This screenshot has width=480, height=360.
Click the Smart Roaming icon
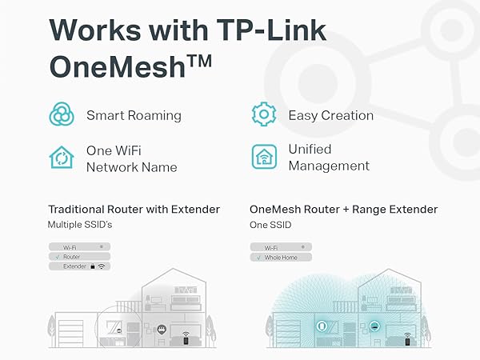coord(62,115)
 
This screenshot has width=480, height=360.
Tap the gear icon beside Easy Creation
coord(264,115)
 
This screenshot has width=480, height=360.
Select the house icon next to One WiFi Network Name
coord(62,158)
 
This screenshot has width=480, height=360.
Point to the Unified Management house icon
coord(264,157)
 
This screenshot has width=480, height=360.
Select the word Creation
coord(343,115)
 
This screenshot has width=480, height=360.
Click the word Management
coord(329,166)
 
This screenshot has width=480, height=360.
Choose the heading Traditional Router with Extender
coord(134,209)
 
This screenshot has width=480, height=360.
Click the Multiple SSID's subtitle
coord(80,225)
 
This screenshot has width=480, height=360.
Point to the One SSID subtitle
coord(271,225)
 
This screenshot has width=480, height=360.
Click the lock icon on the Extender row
coord(94,266)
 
